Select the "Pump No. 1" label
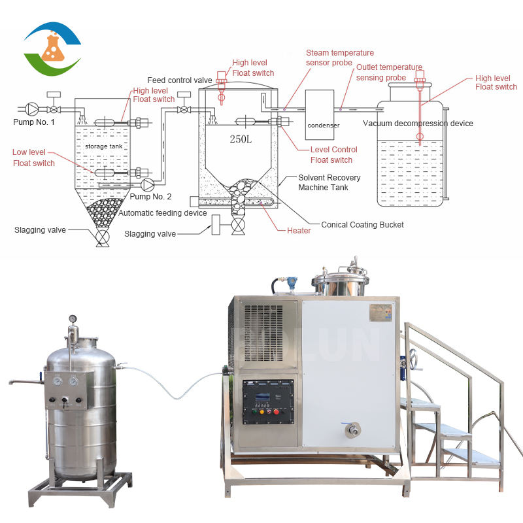(34, 122)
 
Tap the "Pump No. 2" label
(150, 196)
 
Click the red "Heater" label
(298, 230)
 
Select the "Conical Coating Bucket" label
(362, 225)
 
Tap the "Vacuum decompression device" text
(418, 124)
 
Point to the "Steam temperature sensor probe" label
(340, 58)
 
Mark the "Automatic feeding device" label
(163, 213)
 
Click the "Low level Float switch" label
(34, 158)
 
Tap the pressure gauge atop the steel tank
(73, 319)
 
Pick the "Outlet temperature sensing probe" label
(389, 72)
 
